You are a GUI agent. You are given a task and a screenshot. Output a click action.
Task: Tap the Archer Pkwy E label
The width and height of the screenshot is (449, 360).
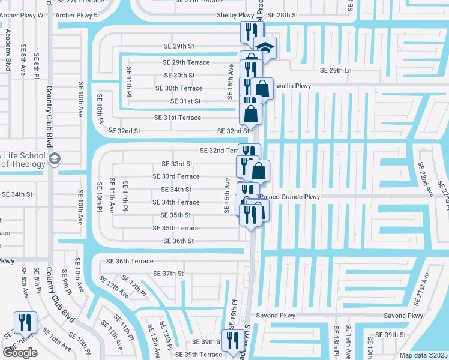click(x=76, y=15)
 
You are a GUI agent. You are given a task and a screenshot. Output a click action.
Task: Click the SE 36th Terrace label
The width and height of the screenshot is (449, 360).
click(x=130, y=261)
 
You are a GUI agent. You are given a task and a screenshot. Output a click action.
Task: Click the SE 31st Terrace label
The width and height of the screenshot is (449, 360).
click(x=178, y=118)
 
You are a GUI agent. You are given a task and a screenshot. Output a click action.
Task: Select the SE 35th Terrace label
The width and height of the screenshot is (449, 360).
click(x=176, y=229)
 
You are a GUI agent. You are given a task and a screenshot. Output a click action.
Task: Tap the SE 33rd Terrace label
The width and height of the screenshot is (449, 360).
click(x=176, y=176)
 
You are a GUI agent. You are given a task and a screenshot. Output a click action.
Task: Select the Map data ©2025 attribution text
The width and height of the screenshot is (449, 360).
click(x=424, y=355)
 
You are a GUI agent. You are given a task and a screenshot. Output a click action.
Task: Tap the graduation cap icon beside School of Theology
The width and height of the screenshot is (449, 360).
click(x=54, y=160)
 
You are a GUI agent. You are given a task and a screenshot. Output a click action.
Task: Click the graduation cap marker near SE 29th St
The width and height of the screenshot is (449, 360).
click(x=264, y=47)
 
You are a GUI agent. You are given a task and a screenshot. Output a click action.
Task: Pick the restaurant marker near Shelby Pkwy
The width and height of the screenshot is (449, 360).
click(x=249, y=32)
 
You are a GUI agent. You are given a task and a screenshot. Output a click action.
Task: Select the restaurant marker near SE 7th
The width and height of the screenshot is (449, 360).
click(x=25, y=322)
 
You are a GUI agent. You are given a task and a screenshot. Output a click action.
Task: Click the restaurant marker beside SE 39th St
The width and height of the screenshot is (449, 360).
click(x=232, y=340)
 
